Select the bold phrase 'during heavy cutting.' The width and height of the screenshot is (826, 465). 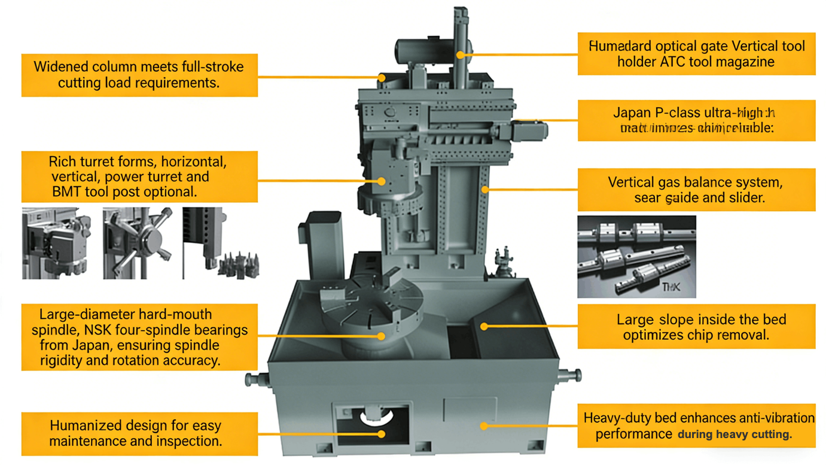(x=734, y=434)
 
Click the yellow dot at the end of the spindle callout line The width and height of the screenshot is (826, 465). (x=381, y=336)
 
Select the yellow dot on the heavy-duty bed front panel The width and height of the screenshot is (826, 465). (x=483, y=426)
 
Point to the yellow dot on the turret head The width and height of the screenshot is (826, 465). (x=382, y=181)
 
